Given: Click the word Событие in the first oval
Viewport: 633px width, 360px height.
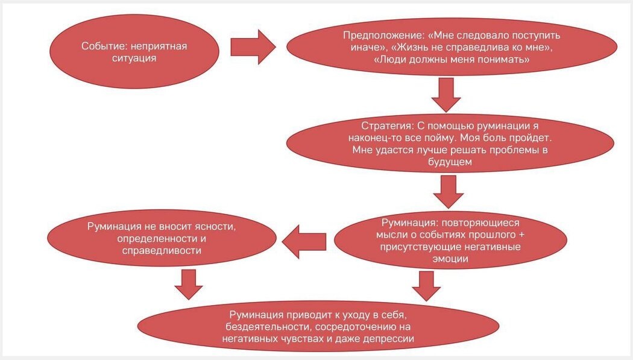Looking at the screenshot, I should (x=100, y=46).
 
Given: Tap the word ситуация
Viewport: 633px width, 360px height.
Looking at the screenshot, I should (x=137, y=58).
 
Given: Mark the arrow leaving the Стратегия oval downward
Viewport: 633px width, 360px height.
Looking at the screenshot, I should (x=446, y=191).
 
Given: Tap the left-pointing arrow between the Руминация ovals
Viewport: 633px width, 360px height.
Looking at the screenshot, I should (x=304, y=241).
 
